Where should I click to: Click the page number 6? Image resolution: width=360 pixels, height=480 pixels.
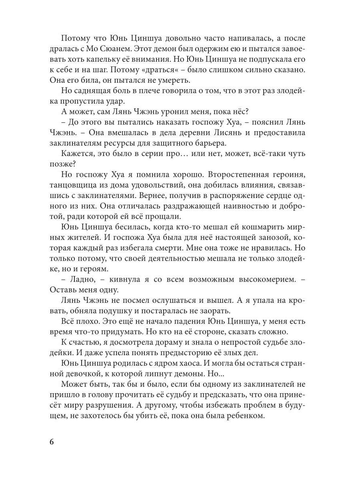point(51,442)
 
